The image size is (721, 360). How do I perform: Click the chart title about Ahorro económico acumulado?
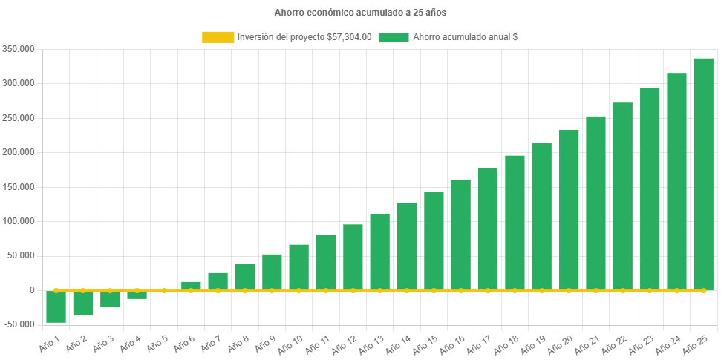coord(360,13)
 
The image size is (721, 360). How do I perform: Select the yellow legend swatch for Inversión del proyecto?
coord(218,37)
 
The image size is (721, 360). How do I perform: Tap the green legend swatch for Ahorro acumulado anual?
coord(394,37)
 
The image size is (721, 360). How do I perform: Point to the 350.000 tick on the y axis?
coord(20,49)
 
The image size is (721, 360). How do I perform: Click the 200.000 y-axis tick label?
coord(20,152)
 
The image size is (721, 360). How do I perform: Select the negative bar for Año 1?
coord(56,307)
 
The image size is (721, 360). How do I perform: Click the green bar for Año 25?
coord(703,174)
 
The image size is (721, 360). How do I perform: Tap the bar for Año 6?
coord(191,286)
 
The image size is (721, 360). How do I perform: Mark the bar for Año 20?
coord(569,210)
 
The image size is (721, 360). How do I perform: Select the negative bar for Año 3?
coord(110,298)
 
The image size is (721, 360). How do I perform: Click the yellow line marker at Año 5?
coord(164,290)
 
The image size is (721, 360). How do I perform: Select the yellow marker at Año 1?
coord(56,290)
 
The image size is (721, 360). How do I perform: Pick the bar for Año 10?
coord(298,267)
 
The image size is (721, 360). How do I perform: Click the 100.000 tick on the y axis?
coord(20,221)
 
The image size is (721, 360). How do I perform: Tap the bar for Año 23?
coord(650,189)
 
